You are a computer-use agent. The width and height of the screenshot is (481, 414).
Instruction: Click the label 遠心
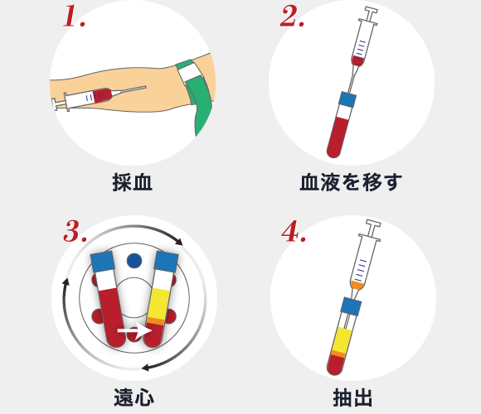tap(134, 397)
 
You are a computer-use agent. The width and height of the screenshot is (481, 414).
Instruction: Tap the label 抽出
tap(352, 397)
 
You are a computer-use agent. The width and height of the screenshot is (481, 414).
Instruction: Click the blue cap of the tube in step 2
tap(347, 101)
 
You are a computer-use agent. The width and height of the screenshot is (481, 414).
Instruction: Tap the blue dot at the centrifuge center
tap(134, 262)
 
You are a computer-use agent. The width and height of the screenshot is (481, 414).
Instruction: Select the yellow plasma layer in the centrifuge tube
tap(159, 298)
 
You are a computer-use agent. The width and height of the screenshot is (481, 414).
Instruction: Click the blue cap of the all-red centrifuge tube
tap(103, 262)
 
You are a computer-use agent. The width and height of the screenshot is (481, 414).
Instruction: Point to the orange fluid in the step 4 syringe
tap(357, 285)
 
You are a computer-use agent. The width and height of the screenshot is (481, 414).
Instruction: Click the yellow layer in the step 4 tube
tap(341, 339)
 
